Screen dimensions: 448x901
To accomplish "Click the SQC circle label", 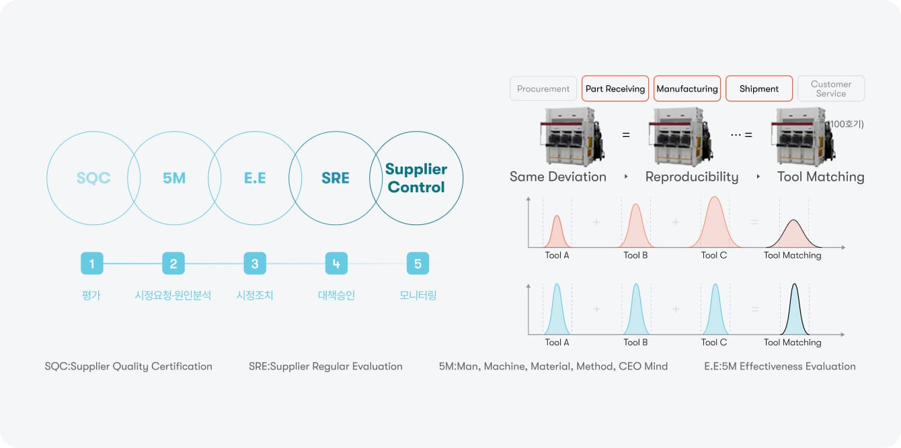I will pos(93,178).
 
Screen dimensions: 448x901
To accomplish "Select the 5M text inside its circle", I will pos(174,178).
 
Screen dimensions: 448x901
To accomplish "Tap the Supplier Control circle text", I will pos(416,178).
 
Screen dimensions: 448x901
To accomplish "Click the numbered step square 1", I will pos(91,263).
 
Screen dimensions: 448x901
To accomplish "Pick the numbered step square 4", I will pos(336,263).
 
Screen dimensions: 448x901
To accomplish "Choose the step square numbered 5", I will pos(418,263).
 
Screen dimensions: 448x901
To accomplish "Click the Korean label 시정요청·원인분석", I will pos(173,295).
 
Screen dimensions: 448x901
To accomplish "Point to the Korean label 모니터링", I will pos(418,295).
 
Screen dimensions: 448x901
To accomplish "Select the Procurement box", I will pos(543,89).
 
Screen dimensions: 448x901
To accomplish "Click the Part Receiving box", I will pos(615,89).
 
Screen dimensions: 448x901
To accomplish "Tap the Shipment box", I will pos(759,89).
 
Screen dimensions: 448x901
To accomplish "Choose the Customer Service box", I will pos(831,89).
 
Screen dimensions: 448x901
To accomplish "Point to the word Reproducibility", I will pos(692,177).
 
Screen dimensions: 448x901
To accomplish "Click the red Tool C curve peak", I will pos(715,199).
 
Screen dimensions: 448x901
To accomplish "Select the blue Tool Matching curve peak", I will pos(794,285).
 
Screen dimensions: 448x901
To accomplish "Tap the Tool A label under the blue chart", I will pos(557,343).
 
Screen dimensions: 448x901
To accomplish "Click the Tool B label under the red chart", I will pos(635,255).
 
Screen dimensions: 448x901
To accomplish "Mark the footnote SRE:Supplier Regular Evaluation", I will pos(325,366).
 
